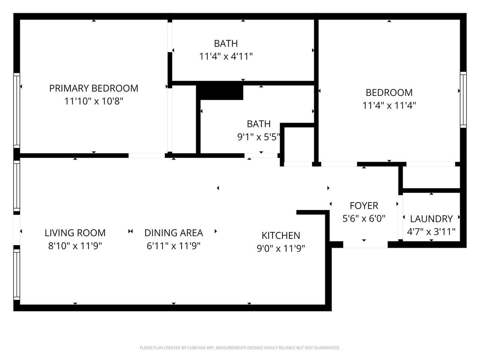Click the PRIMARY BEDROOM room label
point(94,88)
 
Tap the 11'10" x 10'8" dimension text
point(94,101)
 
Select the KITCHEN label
point(281,235)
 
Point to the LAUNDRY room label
point(431,219)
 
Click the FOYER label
point(364,205)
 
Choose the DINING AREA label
point(174,233)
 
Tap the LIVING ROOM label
point(75,233)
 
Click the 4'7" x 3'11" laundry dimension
point(431,232)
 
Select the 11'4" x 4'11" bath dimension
point(226,57)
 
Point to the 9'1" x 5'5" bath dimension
point(259,137)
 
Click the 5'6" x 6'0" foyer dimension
point(364,219)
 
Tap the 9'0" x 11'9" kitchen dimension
point(281,249)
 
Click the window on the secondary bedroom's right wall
point(463,100)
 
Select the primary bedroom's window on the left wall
point(16,111)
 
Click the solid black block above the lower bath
point(219,92)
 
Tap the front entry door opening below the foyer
point(365,244)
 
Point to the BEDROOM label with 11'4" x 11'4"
point(389,93)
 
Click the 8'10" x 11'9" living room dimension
point(75,246)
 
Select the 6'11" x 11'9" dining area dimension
point(174,246)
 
